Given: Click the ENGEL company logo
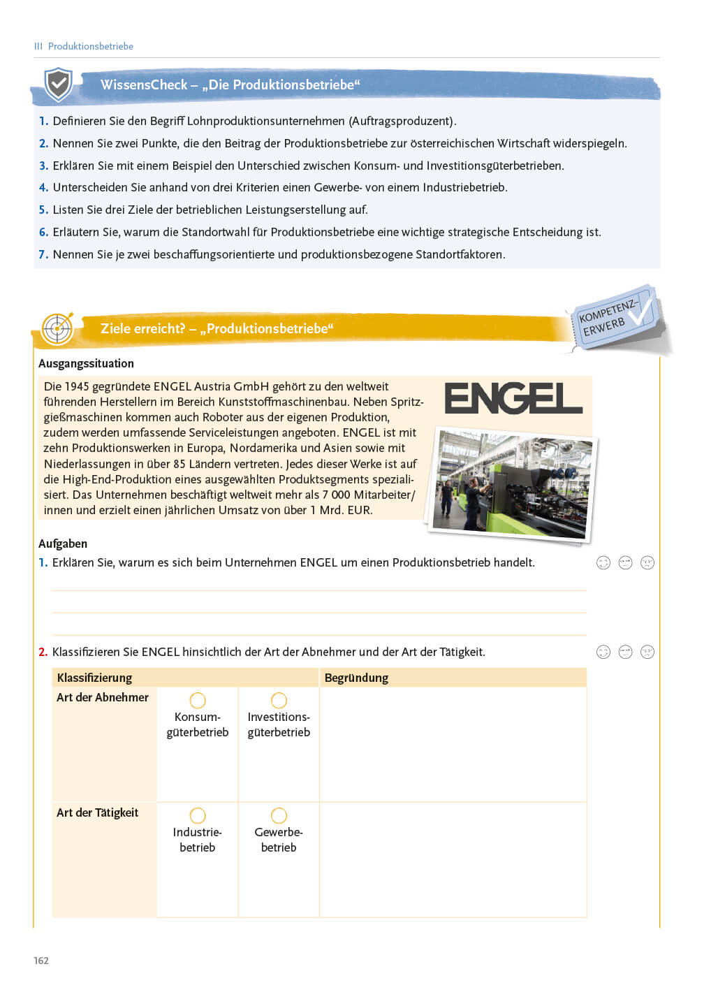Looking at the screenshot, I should (x=513, y=398).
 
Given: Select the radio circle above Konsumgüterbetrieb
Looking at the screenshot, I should (x=198, y=700).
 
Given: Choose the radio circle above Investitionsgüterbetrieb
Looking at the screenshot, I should (x=279, y=700).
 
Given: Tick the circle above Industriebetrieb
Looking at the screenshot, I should (x=198, y=815).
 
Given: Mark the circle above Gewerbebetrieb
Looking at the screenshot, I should (x=279, y=815).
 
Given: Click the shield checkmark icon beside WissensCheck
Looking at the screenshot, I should (x=58, y=85).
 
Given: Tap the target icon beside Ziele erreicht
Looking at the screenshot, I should (x=57, y=328).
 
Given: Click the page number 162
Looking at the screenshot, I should (x=41, y=961).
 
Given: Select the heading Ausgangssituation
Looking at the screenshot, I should (x=86, y=363).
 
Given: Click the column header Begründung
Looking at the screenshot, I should (x=356, y=678).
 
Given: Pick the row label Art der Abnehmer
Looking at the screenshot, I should (x=103, y=697).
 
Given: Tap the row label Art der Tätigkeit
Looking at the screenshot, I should (x=98, y=812).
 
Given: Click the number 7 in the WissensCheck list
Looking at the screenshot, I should (x=43, y=254).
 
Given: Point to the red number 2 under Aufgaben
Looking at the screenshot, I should (x=43, y=652).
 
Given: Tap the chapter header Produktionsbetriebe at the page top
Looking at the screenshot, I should (x=90, y=46).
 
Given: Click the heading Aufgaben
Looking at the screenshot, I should (x=63, y=544).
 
